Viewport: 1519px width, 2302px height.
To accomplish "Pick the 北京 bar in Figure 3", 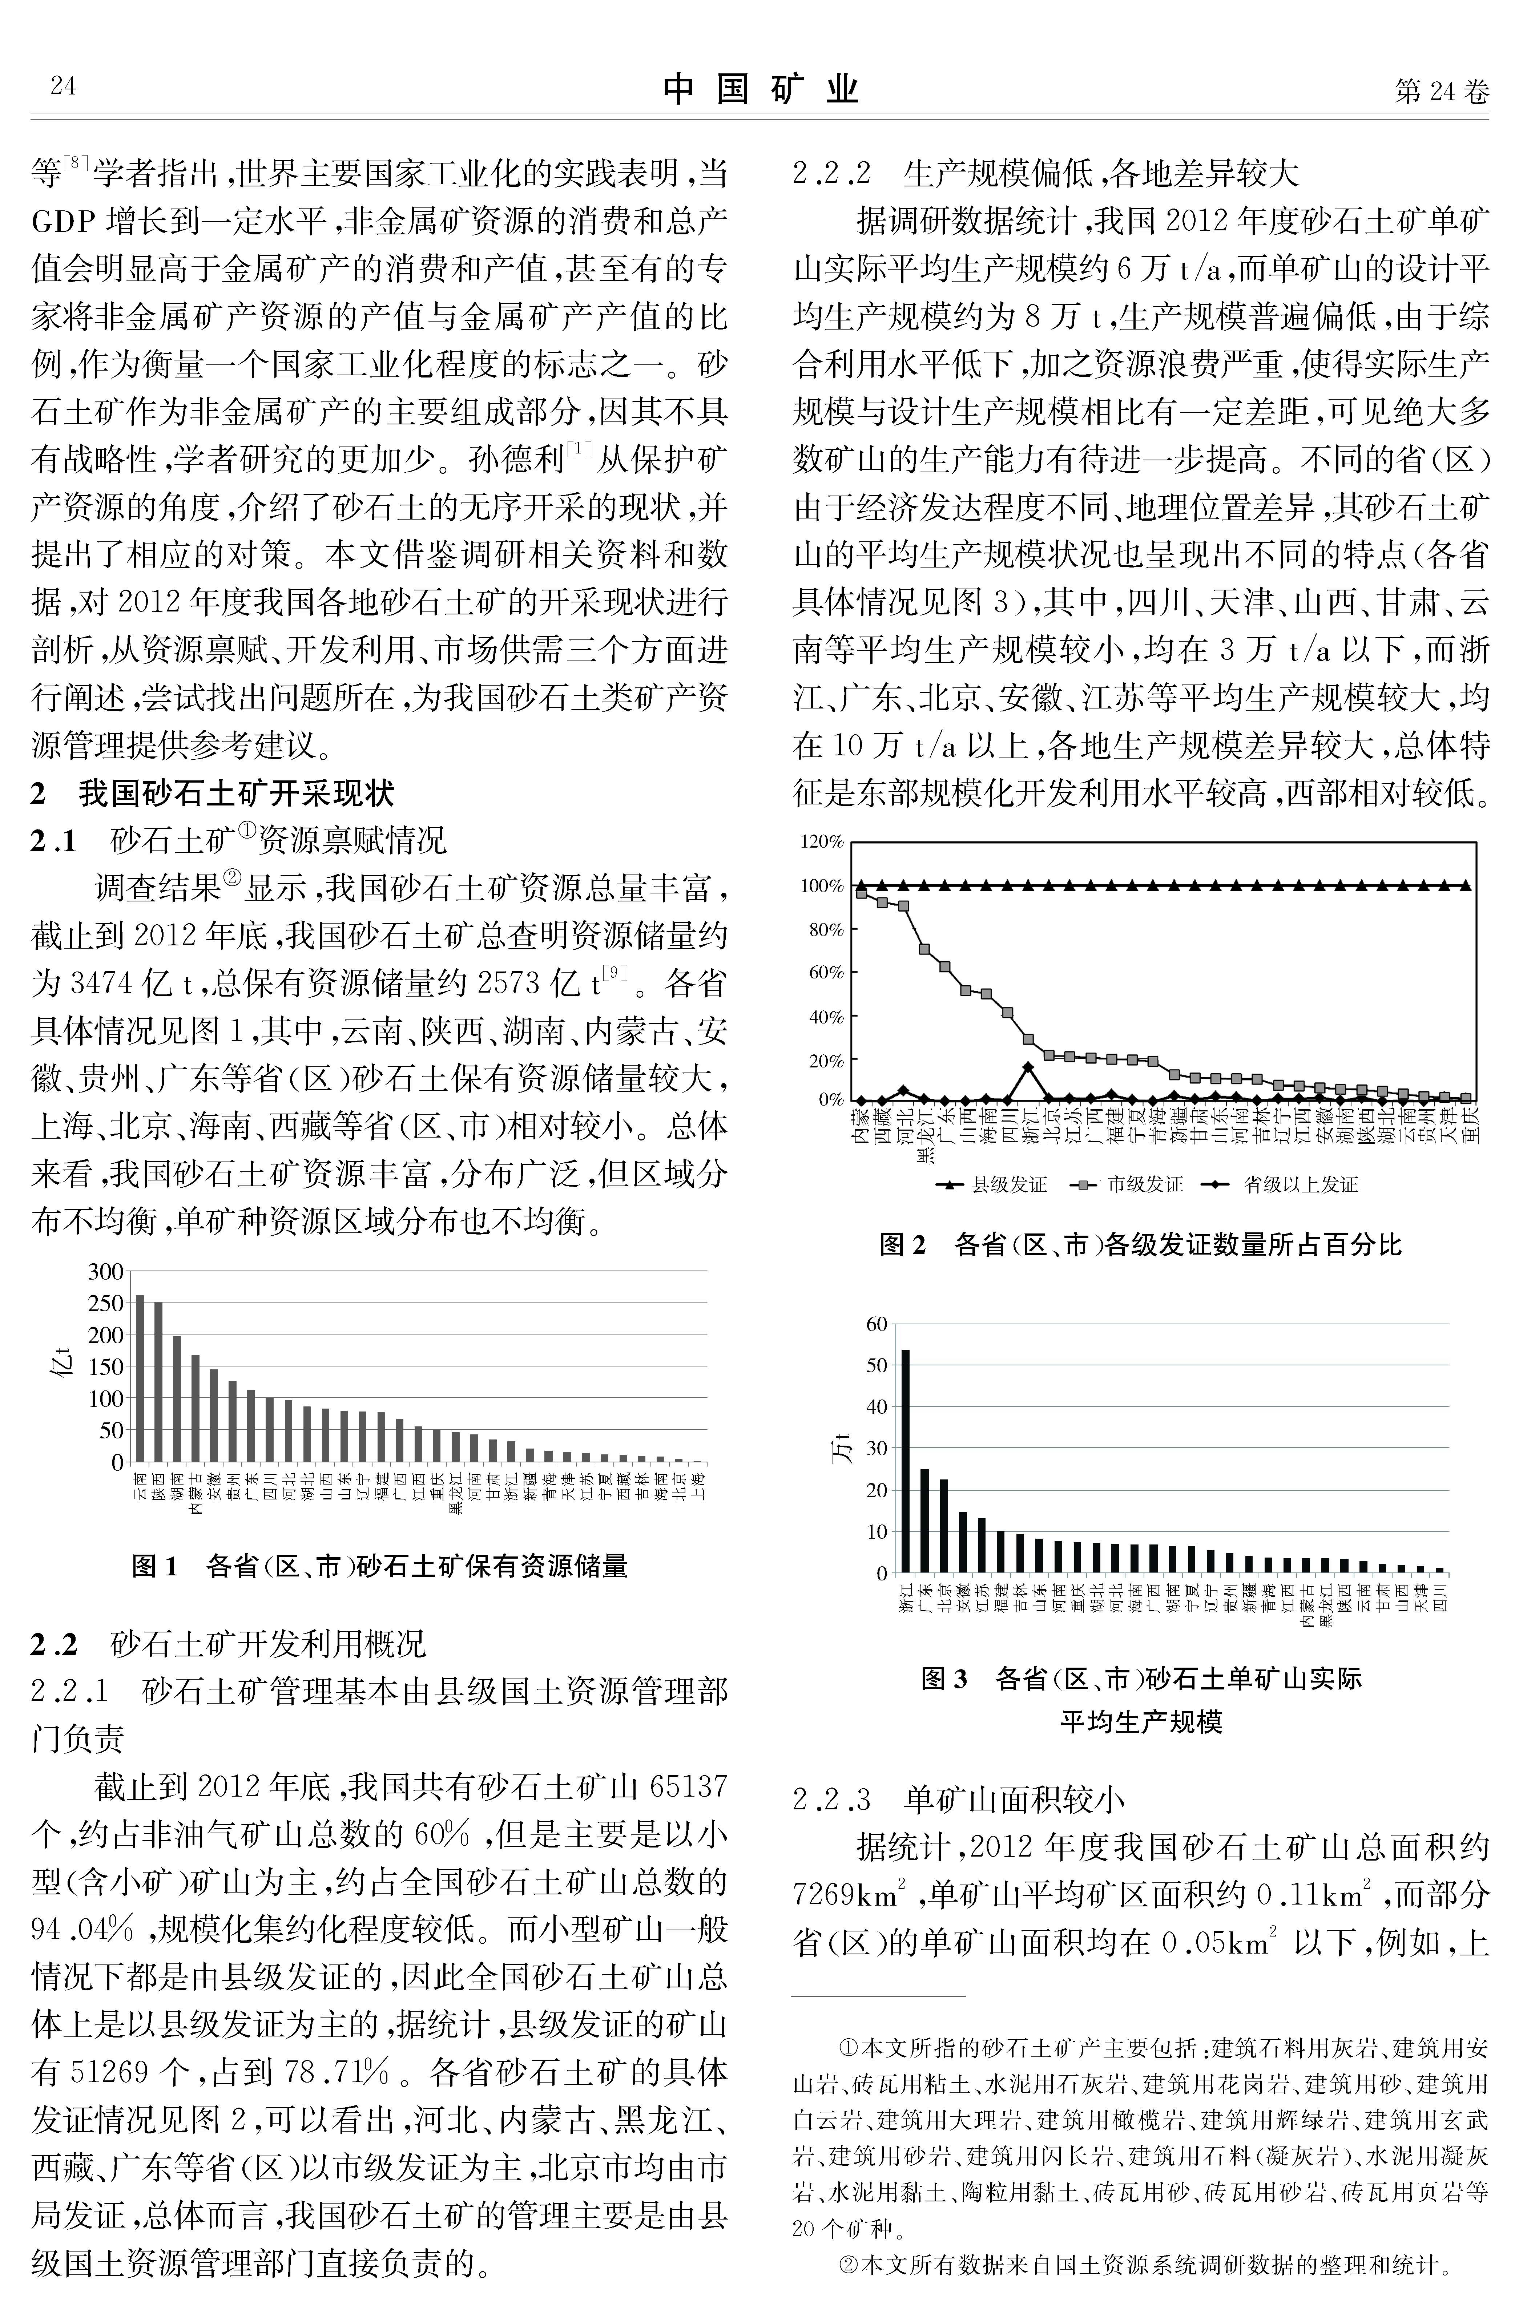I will click(944, 1525).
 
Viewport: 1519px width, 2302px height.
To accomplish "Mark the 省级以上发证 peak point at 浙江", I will click(1028, 1066).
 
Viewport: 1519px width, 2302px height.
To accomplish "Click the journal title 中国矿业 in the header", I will click(761, 89).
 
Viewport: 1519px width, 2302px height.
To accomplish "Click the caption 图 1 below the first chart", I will click(155, 1566).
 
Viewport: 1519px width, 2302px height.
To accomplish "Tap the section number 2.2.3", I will click(831, 1800).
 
